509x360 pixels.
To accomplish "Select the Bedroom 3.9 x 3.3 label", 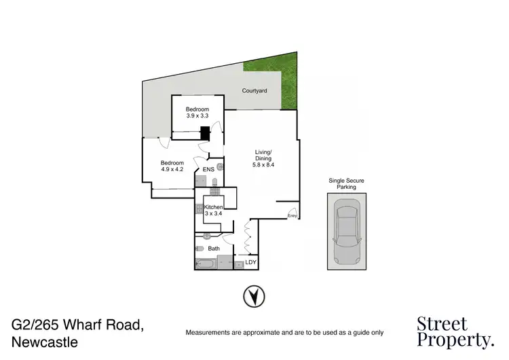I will (197, 113).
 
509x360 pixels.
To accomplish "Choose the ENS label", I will (208, 169).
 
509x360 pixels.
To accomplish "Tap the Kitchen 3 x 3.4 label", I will (214, 209).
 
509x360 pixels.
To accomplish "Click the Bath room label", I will (214, 249).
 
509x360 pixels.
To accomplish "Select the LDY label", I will (251, 262).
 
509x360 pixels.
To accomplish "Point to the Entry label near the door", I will (293, 216).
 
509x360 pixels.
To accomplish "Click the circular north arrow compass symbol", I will (254, 296).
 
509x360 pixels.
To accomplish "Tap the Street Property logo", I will (454, 331).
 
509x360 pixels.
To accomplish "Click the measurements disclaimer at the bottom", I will (284, 333).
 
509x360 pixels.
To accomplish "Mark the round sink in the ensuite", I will (220, 166).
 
